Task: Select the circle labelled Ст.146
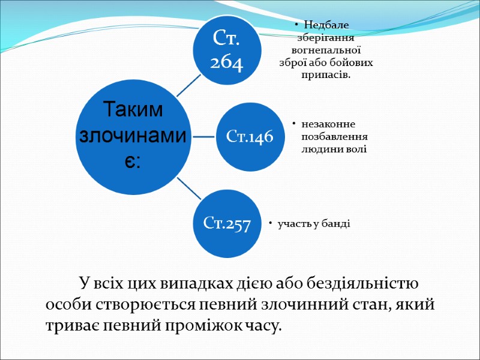click(x=250, y=137)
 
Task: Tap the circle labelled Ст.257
click(x=227, y=224)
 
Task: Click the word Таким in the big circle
click(x=133, y=110)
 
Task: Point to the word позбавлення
click(x=335, y=136)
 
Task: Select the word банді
click(x=338, y=224)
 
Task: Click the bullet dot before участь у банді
click(x=270, y=224)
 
